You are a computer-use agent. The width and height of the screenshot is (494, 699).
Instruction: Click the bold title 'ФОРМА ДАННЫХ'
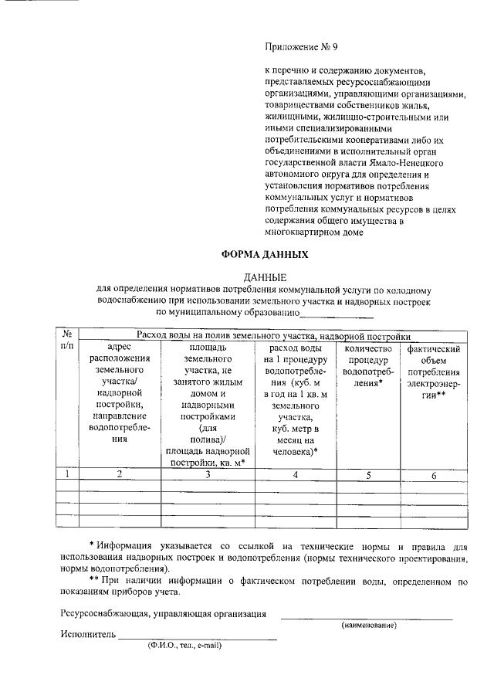[x=265, y=254]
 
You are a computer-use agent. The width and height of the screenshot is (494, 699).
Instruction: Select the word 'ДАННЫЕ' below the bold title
[x=265, y=277]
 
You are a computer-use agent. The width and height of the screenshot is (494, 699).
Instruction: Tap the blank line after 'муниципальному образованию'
[x=336, y=314]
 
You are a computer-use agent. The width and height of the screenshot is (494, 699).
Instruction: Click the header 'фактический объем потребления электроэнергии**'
[x=433, y=372]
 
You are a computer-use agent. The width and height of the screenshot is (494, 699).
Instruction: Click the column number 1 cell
[x=67, y=474]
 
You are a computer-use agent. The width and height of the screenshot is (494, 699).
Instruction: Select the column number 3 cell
[x=205, y=474]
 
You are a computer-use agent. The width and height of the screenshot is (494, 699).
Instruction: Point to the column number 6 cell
[x=433, y=474]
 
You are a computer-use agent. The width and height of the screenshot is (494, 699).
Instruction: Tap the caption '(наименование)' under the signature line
[x=368, y=625]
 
